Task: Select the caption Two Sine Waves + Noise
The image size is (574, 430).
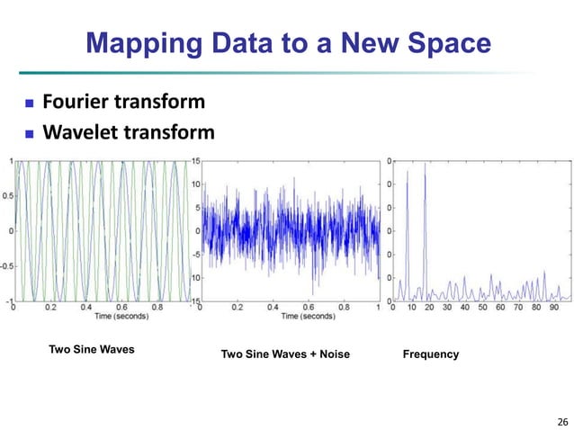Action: coord(285,355)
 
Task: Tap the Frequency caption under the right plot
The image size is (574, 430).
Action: coord(433,354)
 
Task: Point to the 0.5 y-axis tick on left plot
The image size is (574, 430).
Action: coord(7,195)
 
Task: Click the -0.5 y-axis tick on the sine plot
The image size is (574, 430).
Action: coord(6,265)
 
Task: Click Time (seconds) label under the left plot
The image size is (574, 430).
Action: coord(103,316)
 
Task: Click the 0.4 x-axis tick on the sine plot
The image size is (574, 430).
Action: coord(85,307)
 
